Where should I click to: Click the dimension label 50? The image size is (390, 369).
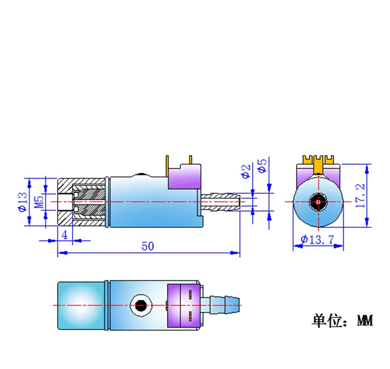148,246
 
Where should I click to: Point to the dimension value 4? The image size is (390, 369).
64,234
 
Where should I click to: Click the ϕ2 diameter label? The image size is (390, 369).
246,170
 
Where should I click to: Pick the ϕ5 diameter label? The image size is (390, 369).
262,165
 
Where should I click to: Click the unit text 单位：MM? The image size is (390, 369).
342,321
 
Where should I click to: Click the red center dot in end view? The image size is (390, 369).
318,201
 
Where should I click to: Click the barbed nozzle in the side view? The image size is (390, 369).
222,201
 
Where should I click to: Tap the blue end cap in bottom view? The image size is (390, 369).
81,304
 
